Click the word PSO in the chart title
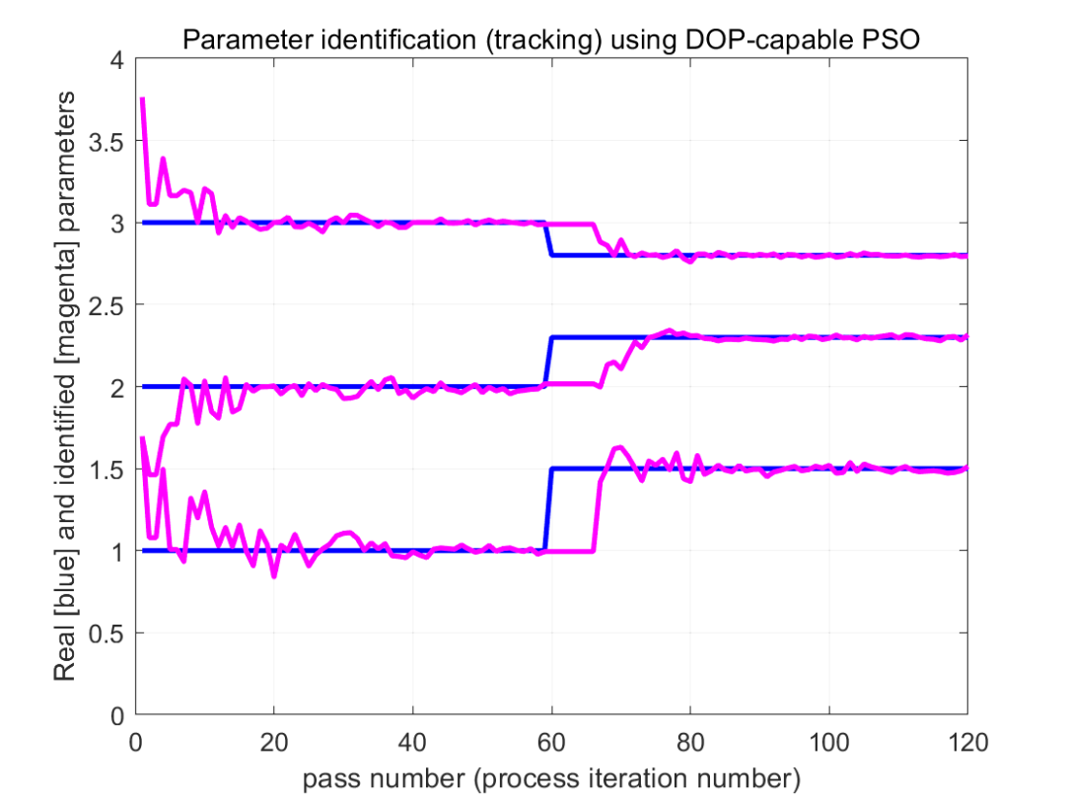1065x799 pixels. (891, 39)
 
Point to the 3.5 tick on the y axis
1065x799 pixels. (106, 142)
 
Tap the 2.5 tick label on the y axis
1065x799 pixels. (106, 306)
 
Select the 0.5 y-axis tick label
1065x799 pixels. (106, 634)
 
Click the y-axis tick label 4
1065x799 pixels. (116, 60)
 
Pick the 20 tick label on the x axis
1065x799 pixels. (274, 742)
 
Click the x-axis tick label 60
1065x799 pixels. (551, 742)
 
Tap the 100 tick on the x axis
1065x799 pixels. (828, 742)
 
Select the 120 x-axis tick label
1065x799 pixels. (967, 742)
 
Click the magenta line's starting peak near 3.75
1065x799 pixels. (142, 100)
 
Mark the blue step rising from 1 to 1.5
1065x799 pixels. (549, 509)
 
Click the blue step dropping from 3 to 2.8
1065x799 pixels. (549, 239)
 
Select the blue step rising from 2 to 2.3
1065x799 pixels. (549, 362)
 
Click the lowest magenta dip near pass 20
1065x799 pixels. (274, 575)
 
